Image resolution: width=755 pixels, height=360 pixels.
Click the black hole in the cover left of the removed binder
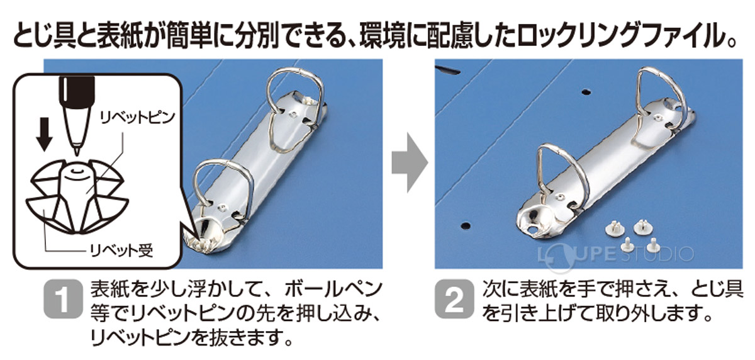[466, 224]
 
